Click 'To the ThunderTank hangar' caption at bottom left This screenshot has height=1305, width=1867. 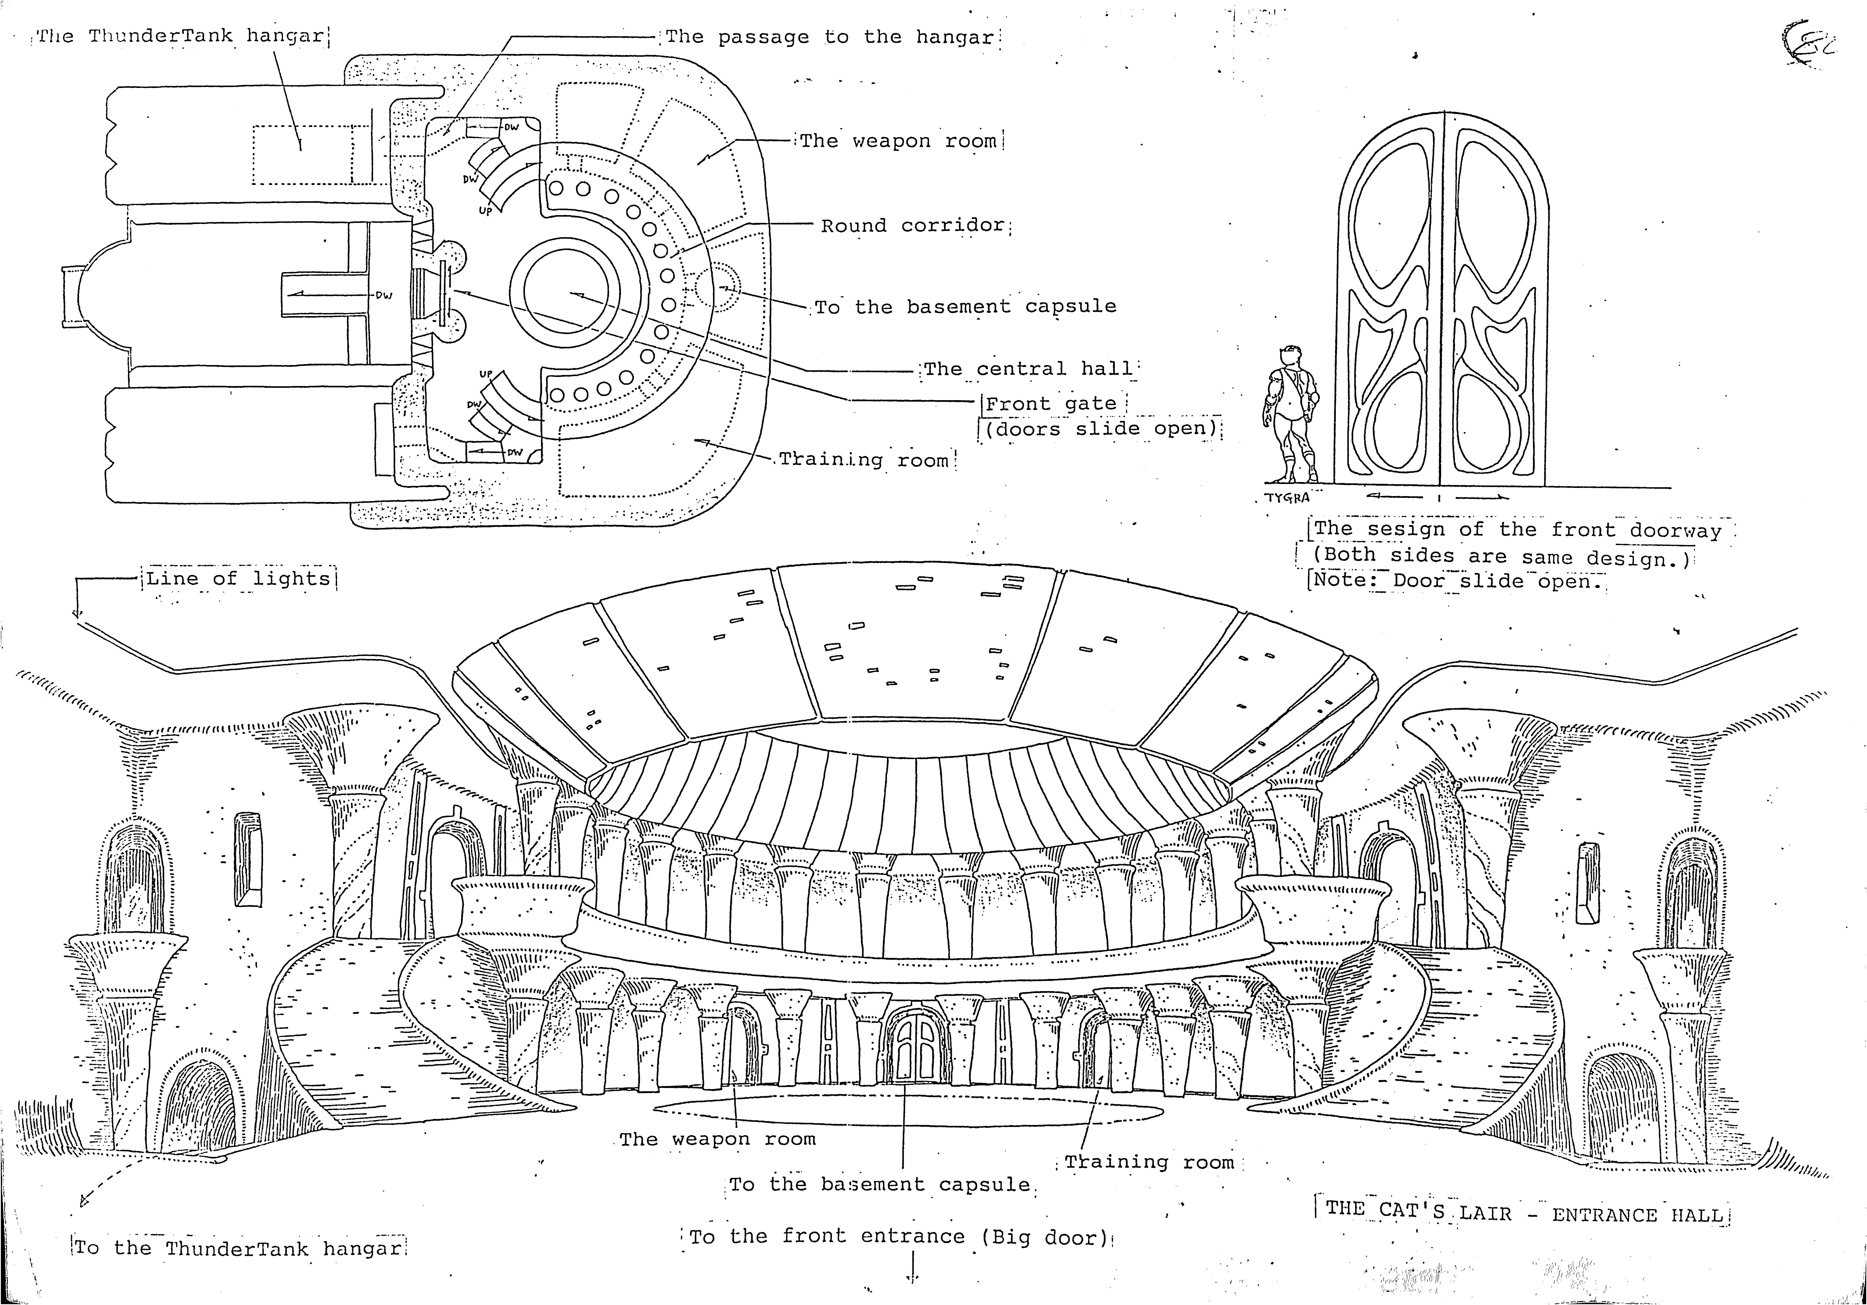(237, 1248)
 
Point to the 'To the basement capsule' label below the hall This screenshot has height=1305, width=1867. (880, 1185)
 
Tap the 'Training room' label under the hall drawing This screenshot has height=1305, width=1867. (1149, 1162)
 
